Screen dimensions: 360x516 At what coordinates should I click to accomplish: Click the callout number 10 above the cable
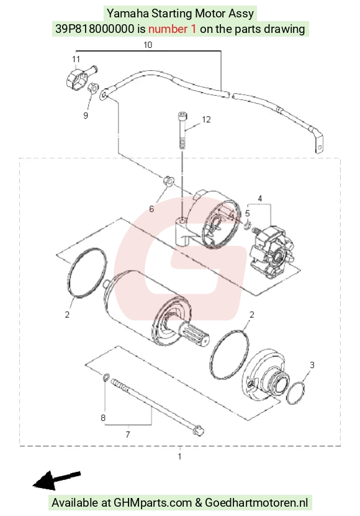pyautogui.click(x=148, y=45)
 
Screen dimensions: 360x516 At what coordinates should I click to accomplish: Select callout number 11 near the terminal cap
pyautogui.click(x=76, y=59)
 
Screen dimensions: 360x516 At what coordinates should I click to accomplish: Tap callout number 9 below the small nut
pyautogui.click(x=86, y=115)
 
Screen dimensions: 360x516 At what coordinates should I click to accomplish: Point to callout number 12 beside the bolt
pyautogui.click(x=206, y=119)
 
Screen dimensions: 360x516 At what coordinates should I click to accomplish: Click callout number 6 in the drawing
pyautogui.click(x=151, y=209)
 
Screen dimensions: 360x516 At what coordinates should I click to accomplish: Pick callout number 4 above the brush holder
pyautogui.click(x=260, y=199)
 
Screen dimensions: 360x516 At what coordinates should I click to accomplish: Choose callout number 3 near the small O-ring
pyautogui.click(x=312, y=364)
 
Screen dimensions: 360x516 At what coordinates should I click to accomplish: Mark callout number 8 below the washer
pyautogui.click(x=103, y=418)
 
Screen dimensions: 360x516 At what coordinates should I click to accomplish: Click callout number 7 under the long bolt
pyautogui.click(x=128, y=435)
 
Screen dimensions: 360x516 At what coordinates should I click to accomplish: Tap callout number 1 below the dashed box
pyautogui.click(x=179, y=456)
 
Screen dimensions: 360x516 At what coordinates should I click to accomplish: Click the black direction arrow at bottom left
pyautogui.click(x=56, y=480)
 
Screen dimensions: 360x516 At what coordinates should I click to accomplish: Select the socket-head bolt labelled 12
pyautogui.click(x=182, y=131)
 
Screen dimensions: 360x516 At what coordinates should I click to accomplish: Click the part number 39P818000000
pyautogui.click(x=95, y=29)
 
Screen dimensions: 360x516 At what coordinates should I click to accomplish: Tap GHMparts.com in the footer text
pyautogui.click(x=153, y=502)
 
